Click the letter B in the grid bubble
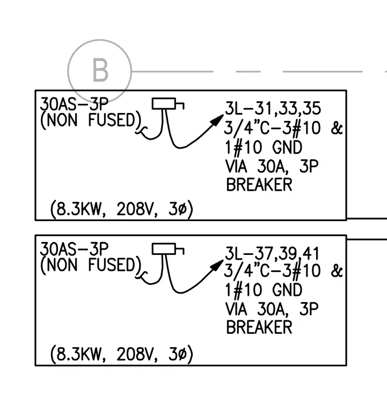point(100,70)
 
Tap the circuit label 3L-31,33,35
point(273,108)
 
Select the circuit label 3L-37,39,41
point(272,253)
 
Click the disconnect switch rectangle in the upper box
point(164,103)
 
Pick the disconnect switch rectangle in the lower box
point(164,249)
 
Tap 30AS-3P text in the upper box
point(74,104)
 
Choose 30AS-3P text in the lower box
point(74,249)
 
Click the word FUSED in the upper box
point(112,120)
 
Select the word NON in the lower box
point(62,265)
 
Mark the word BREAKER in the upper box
point(259,185)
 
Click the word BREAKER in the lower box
point(259,327)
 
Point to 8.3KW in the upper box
point(78,209)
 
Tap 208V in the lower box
point(135,354)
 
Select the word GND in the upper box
point(287,147)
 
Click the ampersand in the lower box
point(337,271)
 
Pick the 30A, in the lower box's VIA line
point(273,309)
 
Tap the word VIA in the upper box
point(236,166)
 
